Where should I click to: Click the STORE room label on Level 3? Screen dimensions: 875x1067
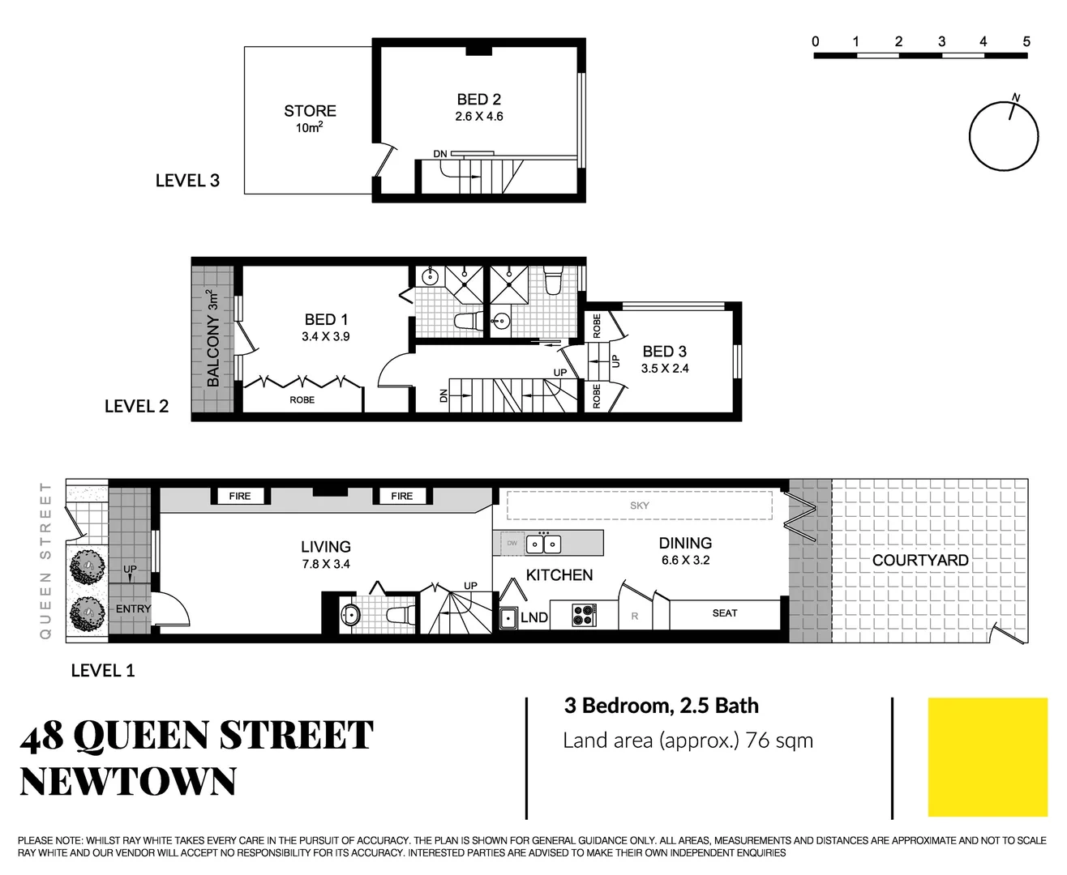(x=310, y=111)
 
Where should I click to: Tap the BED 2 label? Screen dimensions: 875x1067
(x=478, y=100)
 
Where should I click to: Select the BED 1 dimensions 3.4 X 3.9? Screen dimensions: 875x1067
(x=325, y=337)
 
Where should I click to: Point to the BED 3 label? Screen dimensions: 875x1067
(x=664, y=352)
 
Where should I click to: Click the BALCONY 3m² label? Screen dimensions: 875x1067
(x=213, y=338)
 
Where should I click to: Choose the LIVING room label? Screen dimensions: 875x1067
(x=325, y=547)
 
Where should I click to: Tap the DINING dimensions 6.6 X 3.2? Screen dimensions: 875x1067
(x=685, y=561)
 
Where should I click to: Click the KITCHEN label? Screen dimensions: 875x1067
(x=559, y=575)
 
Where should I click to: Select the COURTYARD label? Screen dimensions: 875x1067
(x=919, y=561)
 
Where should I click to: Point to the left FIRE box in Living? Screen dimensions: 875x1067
(x=240, y=496)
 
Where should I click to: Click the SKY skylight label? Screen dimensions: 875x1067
(x=639, y=506)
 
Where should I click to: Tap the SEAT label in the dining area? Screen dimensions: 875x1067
(x=724, y=613)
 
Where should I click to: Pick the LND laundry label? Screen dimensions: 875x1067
(x=533, y=617)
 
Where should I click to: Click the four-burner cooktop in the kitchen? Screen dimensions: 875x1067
(x=583, y=615)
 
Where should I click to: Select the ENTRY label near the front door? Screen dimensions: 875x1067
(x=133, y=609)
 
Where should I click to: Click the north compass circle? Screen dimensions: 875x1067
(x=1004, y=136)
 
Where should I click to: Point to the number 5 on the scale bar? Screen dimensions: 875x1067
(x=1026, y=41)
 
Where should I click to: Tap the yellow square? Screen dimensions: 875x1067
(x=987, y=757)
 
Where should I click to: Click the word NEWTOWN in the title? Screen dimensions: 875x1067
(x=128, y=782)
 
